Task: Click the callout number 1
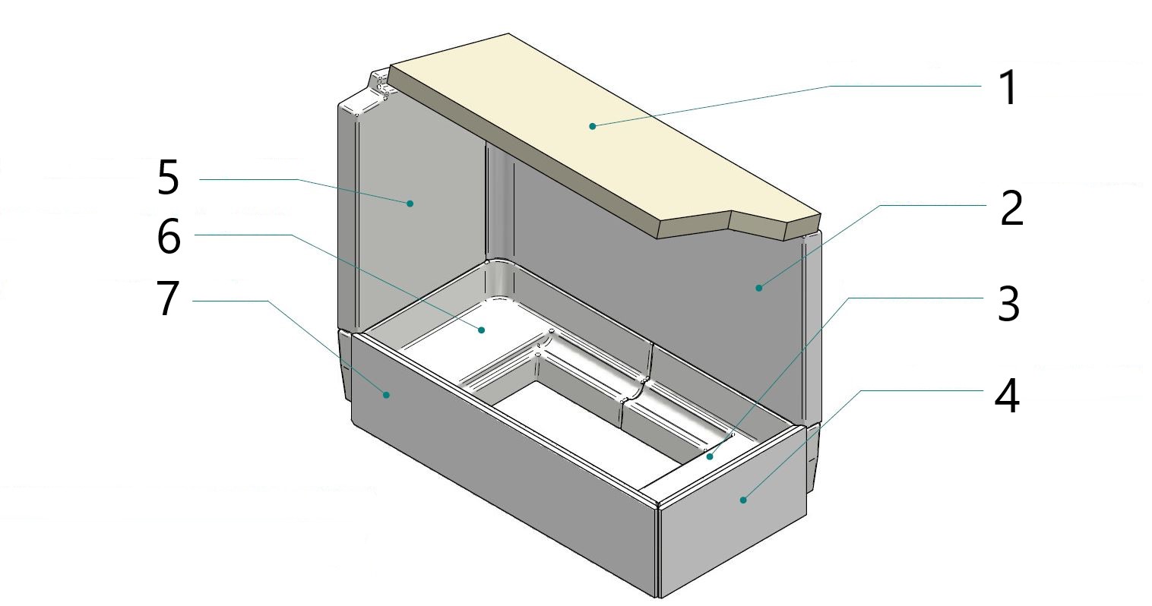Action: [x=1008, y=88]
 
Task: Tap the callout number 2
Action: [x=1011, y=207]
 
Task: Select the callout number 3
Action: [x=1008, y=305]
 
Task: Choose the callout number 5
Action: [x=168, y=178]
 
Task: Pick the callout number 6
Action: [x=169, y=236]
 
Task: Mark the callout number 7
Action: [x=168, y=298]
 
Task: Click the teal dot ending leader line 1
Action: [x=593, y=126]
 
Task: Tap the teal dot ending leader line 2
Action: [x=758, y=288]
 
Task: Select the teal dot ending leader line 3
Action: [x=711, y=456]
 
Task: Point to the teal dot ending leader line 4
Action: [x=742, y=500]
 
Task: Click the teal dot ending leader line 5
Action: [x=410, y=204]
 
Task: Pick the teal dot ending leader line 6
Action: [x=481, y=330]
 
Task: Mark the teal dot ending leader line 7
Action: [x=386, y=394]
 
